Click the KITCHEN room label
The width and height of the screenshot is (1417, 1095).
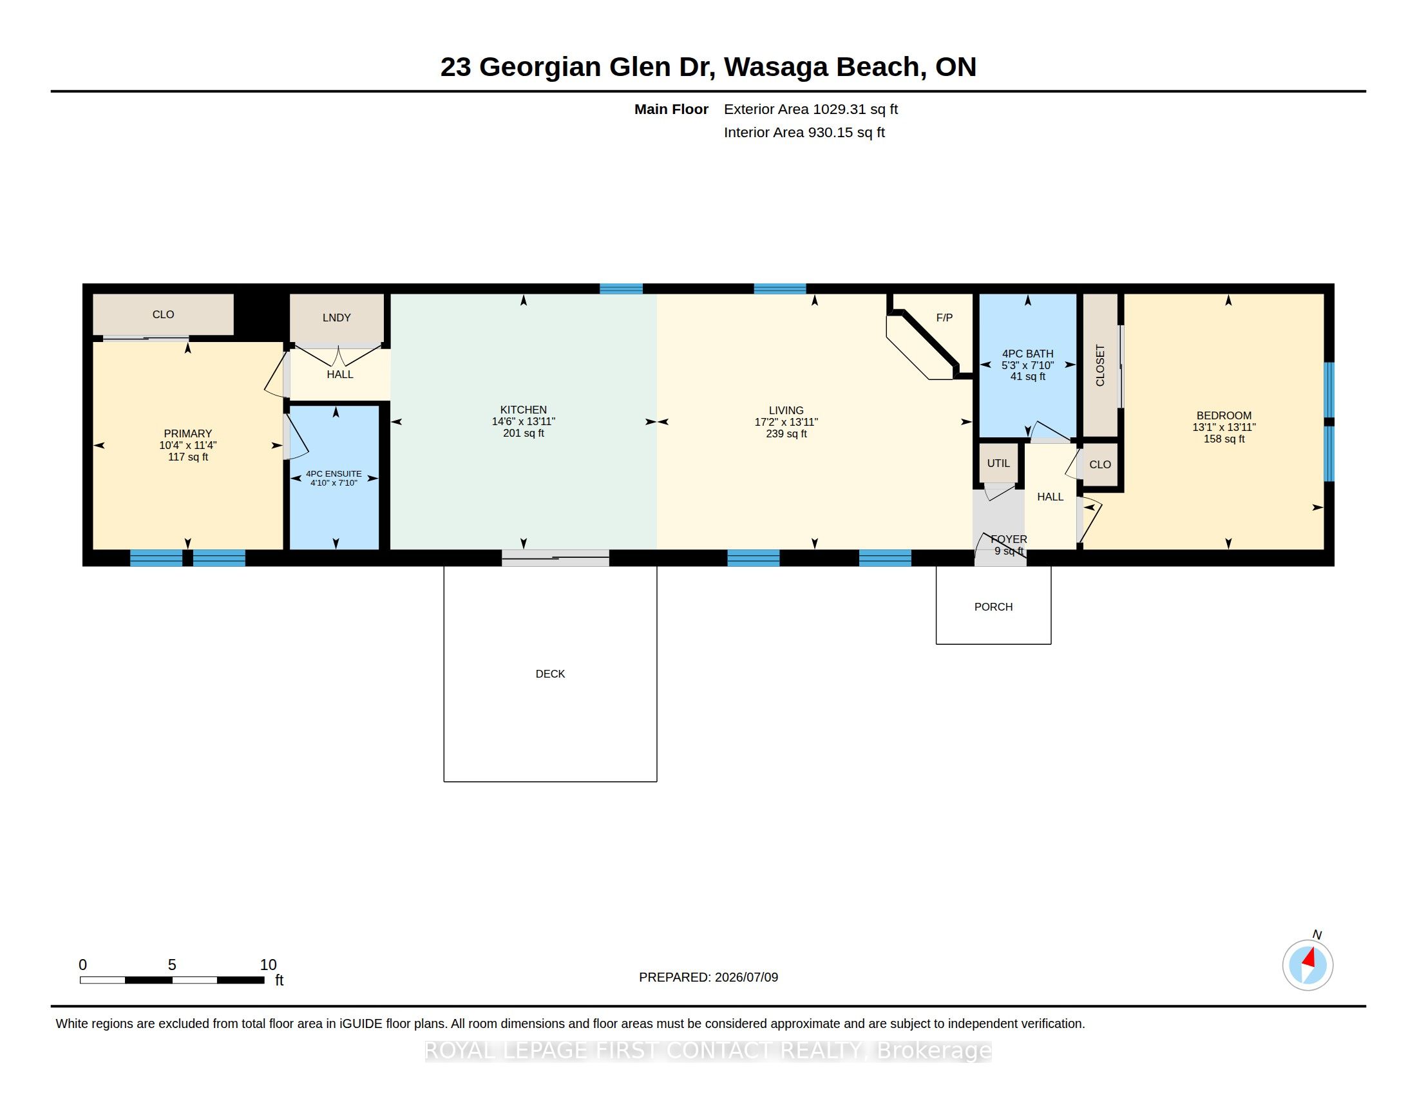click(523, 410)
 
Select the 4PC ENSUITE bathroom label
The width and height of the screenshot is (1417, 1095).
click(334, 474)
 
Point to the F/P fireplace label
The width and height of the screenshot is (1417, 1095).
click(944, 318)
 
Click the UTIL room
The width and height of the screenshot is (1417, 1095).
click(998, 463)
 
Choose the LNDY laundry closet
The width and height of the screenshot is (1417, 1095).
click(336, 318)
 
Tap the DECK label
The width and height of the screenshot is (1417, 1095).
click(550, 674)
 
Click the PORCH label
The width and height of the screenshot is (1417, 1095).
click(993, 607)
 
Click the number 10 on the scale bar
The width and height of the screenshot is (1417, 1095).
click(268, 965)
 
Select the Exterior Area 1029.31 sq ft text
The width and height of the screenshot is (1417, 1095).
click(810, 110)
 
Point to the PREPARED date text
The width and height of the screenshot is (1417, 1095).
click(708, 978)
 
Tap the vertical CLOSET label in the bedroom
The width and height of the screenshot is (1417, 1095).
click(1100, 365)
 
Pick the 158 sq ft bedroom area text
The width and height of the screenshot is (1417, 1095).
click(1224, 439)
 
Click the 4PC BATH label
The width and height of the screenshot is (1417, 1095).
click(1028, 354)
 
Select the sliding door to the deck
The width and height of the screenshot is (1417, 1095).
click(555, 558)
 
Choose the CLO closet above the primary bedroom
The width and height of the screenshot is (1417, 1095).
click(163, 314)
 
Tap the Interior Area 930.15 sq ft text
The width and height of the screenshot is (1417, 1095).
click(804, 133)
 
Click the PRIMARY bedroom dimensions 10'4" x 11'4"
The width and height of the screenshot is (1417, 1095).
click(187, 446)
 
